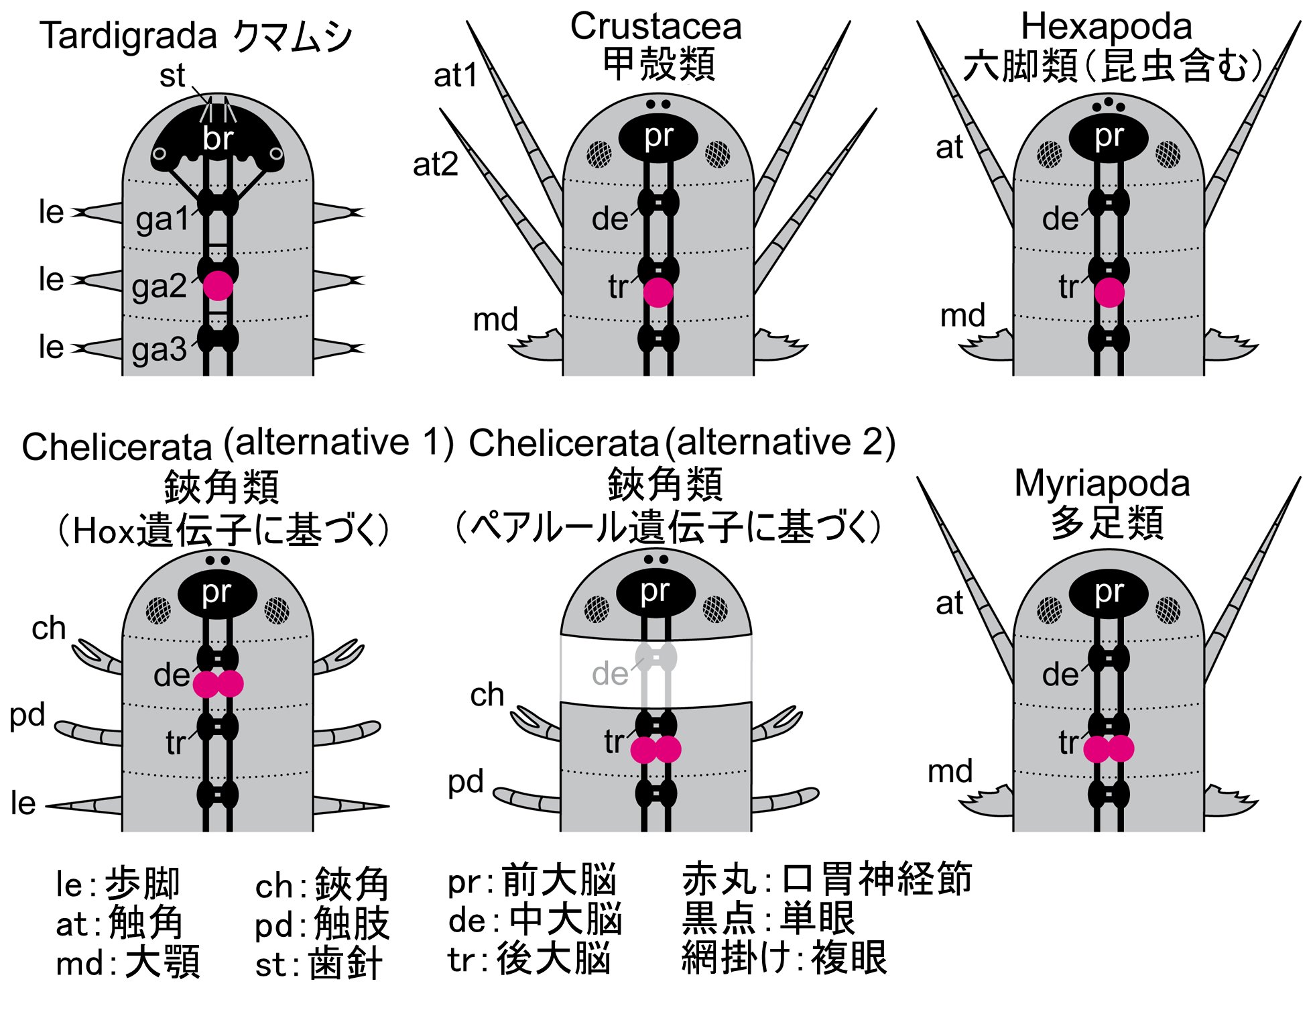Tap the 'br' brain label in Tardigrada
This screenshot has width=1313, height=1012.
click(218, 139)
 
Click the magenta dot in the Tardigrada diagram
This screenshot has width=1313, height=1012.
click(218, 286)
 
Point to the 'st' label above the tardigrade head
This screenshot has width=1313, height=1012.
click(172, 75)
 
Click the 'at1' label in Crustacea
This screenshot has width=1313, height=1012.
click(455, 75)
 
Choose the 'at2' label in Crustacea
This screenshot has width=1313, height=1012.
click(436, 164)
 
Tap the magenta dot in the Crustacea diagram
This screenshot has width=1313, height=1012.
click(658, 292)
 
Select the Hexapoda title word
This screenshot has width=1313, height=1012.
click(1107, 27)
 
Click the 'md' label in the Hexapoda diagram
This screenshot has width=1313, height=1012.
click(962, 315)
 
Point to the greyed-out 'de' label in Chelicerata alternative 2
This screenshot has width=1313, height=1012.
click(609, 673)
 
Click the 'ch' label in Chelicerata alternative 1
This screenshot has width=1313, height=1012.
click(49, 628)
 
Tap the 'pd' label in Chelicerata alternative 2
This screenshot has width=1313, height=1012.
click(465, 782)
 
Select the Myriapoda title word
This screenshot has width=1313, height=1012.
click(1102, 483)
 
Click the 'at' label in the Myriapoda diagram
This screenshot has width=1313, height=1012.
click(949, 604)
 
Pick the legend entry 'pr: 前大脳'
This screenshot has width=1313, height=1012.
click(532, 881)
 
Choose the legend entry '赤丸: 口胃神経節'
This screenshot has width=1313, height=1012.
click(826, 880)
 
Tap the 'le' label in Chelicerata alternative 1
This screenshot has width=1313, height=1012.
click(23, 803)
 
